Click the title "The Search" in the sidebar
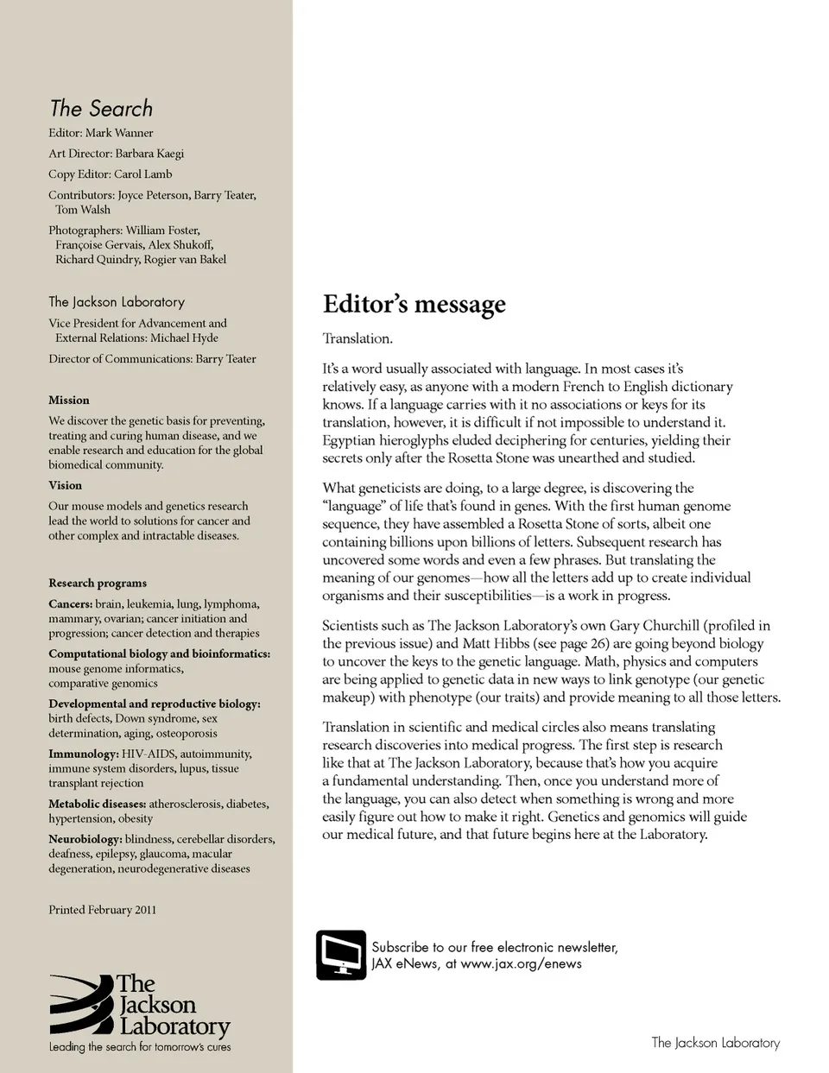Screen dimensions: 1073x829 click(x=101, y=109)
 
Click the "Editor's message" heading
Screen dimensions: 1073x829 click(x=414, y=305)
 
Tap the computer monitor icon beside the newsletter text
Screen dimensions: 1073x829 click(x=341, y=955)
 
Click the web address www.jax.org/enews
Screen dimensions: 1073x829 click(x=521, y=964)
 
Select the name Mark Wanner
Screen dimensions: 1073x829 click(x=119, y=133)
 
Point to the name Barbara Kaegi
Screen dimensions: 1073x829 click(x=149, y=154)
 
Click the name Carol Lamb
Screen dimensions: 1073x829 click(x=142, y=174)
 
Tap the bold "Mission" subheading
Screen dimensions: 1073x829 click(x=69, y=401)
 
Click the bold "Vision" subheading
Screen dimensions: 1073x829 click(x=66, y=485)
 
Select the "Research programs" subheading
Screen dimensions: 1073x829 click(x=98, y=584)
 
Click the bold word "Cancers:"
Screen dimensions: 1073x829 click(x=70, y=604)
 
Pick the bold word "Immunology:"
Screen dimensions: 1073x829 click(x=83, y=754)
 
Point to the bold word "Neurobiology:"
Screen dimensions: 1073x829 click(x=85, y=839)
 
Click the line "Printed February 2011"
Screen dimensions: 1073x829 click(x=102, y=910)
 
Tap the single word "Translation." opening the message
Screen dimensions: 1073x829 click(x=358, y=338)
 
